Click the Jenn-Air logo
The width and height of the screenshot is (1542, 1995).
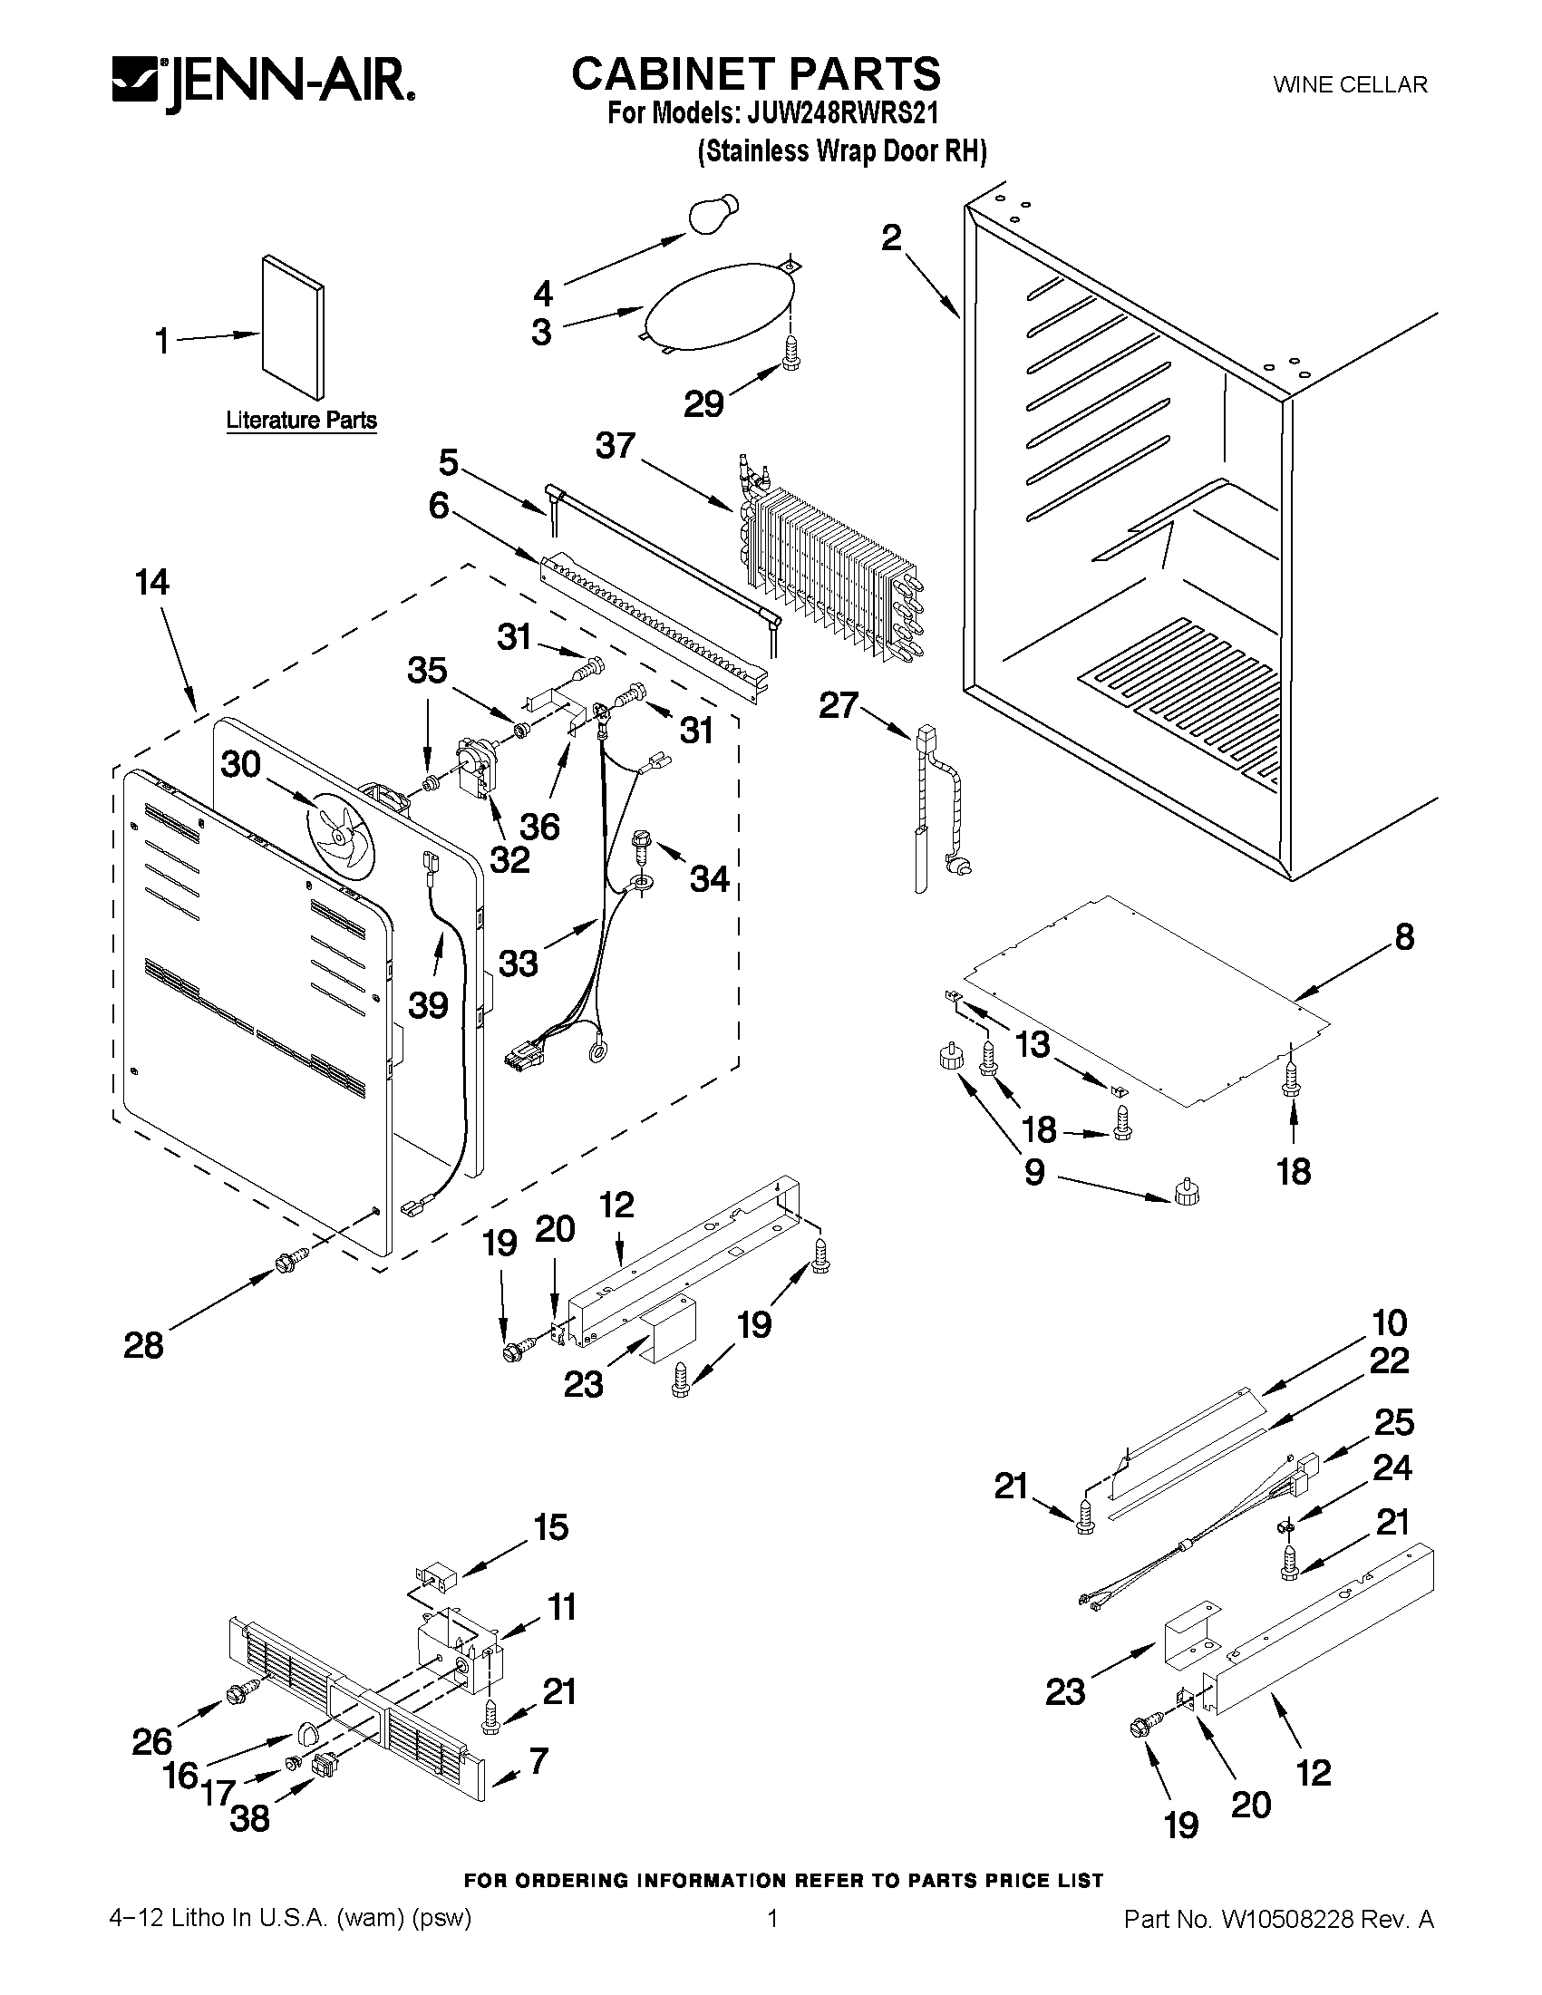263,85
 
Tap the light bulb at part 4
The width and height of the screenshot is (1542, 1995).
713,216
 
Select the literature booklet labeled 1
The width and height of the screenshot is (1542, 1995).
292,327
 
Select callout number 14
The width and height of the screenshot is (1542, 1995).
151,582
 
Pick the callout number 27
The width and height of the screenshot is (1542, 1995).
839,704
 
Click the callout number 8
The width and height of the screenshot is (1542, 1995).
1404,936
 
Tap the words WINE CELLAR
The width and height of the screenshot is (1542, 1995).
1350,85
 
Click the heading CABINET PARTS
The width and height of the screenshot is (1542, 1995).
755,73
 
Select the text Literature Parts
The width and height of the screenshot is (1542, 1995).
302,421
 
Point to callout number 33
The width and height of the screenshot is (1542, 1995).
519,962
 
